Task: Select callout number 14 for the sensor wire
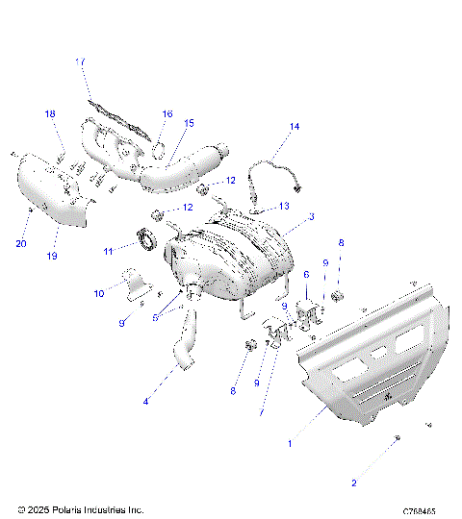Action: (295, 127)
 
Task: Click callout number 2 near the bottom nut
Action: (353, 483)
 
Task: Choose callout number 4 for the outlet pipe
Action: (146, 402)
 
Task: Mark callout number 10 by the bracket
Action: (98, 292)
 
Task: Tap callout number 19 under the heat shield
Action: (53, 256)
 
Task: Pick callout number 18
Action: (50, 114)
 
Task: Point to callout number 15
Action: (189, 123)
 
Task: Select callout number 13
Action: (284, 205)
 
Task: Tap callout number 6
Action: (306, 274)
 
